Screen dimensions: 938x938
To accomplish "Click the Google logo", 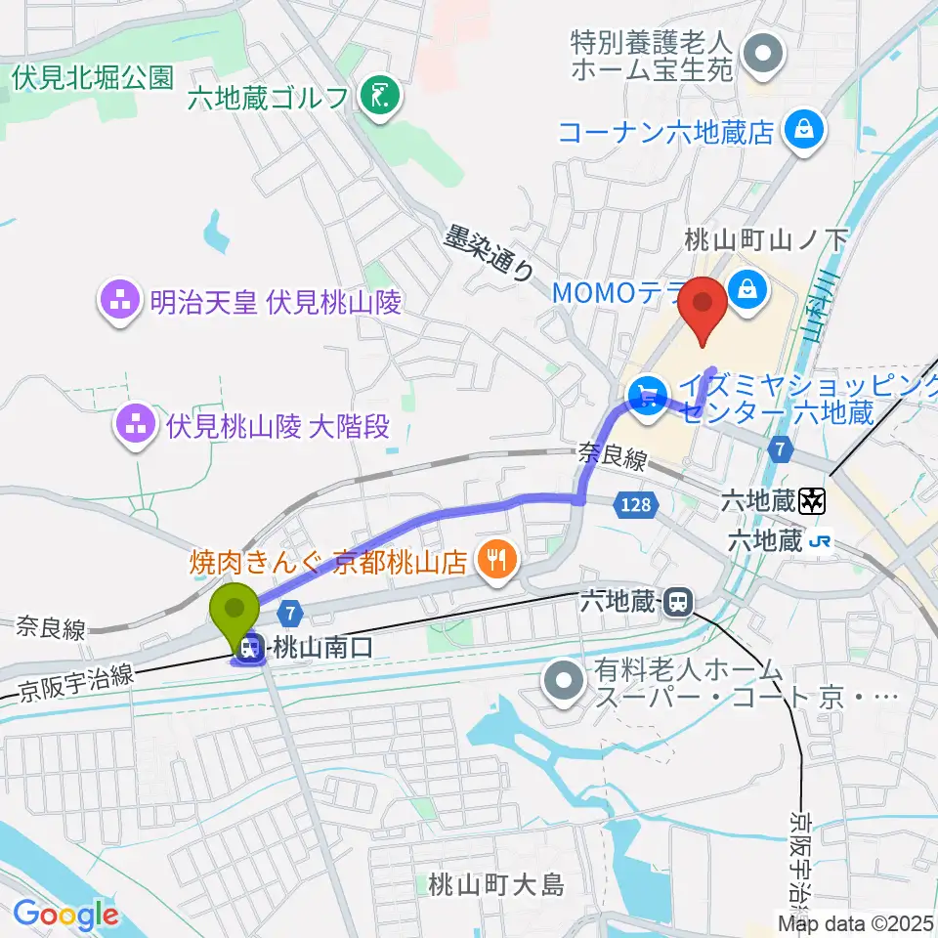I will pos(65,915).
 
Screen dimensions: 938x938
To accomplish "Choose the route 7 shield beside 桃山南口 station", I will pos(289,613).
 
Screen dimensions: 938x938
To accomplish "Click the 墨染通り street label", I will pos(490,254).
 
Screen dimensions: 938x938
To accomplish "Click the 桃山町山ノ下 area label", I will pos(767,236).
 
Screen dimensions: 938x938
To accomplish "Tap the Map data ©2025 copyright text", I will pos(856,921).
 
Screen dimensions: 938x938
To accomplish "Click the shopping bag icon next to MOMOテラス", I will pos(747,290).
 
